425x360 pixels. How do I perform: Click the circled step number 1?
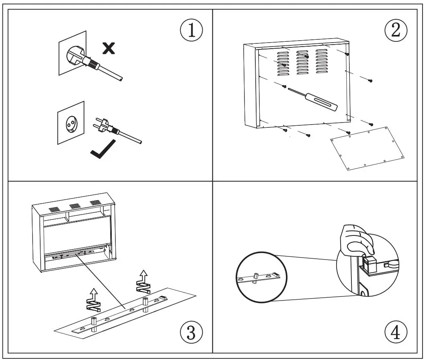[x=191, y=31]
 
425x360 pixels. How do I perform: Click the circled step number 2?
[x=396, y=31]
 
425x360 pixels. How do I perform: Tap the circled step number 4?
[x=396, y=332]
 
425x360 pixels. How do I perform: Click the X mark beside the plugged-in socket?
[x=108, y=49]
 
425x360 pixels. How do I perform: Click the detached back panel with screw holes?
[x=367, y=148]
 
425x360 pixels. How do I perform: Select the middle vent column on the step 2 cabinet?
[x=303, y=63]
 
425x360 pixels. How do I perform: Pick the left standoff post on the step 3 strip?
[x=94, y=322]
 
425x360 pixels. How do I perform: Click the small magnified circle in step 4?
[x=261, y=277]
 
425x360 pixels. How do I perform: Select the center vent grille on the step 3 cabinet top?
[x=74, y=206]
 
